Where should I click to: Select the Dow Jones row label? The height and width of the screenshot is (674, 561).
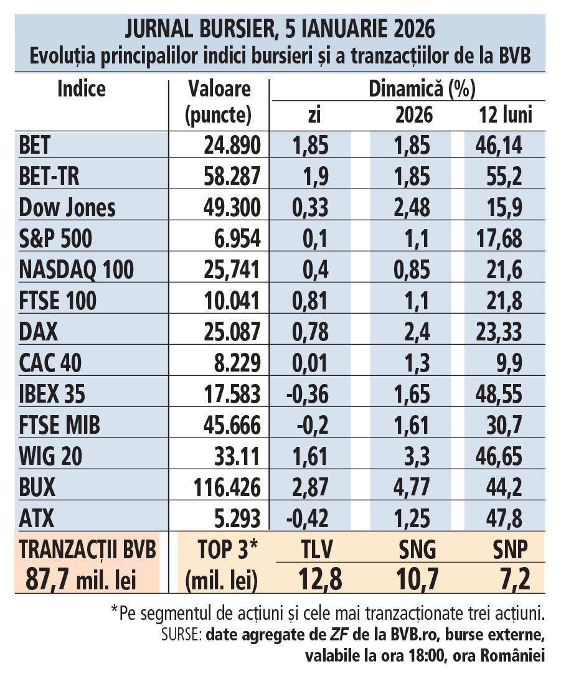pyautogui.click(x=67, y=207)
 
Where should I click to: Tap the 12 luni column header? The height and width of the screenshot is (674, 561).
pyautogui.click(x=506, y=115)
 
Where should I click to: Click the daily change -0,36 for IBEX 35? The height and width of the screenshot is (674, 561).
pyautogui.click(x=309, y=394)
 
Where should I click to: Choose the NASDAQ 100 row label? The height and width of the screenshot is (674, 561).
pyautogui.click(x=76, y=270)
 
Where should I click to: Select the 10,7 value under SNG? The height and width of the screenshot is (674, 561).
pyautogui.click(x=416, y=579)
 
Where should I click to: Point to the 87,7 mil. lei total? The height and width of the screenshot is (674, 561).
pyautogui.click(x=81, y=579)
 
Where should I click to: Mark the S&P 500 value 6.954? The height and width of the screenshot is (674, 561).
pyautogui.click(x=237, y=239)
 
